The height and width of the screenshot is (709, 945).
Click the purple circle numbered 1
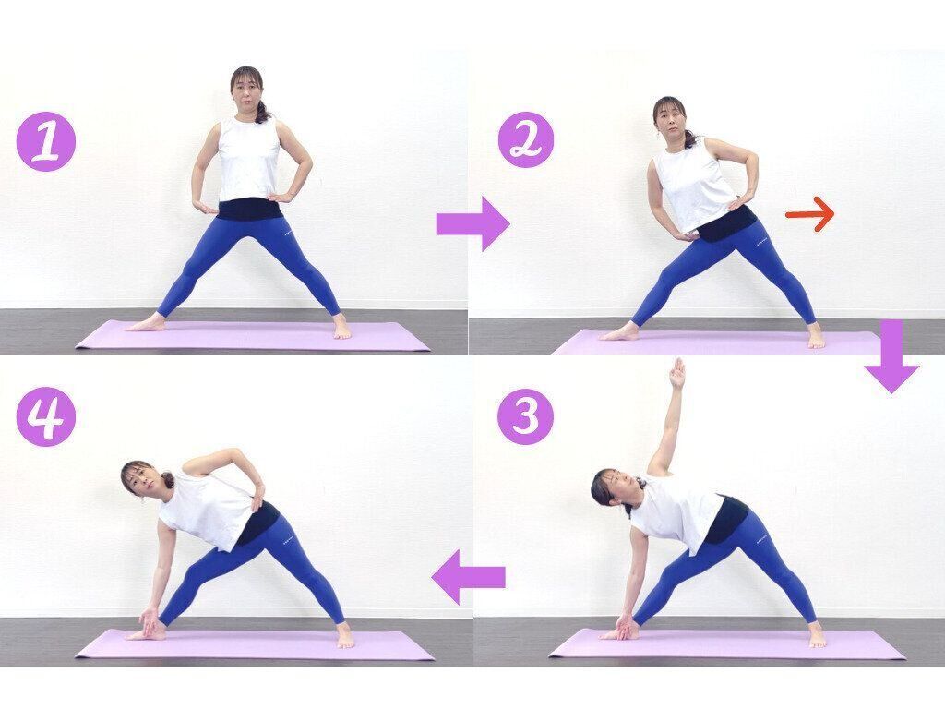click(46, 141)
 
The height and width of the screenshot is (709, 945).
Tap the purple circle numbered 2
click(525, 139)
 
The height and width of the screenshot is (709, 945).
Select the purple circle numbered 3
click(525, 416)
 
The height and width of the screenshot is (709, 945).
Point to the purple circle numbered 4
click(46, 416)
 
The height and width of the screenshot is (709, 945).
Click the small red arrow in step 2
click(809, 214)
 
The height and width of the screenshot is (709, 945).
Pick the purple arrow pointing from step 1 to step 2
click(473, 223)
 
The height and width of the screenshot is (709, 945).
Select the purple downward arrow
click(892, 357)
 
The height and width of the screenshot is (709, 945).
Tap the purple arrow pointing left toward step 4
click(468, 577)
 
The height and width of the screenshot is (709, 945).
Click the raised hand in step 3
click(679, 373)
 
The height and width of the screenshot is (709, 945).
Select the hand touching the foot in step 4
click(149, 621)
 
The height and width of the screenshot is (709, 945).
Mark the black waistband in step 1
click(250, 210)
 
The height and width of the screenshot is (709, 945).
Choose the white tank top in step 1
click(249, 159)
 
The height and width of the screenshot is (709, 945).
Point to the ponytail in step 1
click(264, 112)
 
